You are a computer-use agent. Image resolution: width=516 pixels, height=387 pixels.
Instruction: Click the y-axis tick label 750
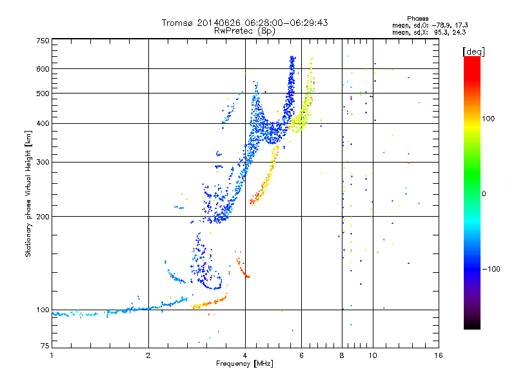43,41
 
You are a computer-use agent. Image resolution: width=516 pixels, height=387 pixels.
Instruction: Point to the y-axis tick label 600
43,69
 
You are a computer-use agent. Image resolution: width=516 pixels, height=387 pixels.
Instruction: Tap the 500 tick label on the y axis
43,94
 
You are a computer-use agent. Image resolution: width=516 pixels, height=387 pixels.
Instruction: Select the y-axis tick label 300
43,162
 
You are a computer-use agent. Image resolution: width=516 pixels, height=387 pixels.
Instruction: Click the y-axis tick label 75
45,346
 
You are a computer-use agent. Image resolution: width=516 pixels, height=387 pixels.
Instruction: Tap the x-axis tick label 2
148,355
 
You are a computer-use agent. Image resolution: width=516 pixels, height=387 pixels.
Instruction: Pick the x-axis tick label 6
301,355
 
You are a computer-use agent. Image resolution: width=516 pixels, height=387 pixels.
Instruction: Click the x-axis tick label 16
439,355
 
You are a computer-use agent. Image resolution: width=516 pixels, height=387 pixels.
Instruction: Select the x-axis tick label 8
342,355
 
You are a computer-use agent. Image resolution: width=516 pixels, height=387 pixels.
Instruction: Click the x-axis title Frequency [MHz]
244,364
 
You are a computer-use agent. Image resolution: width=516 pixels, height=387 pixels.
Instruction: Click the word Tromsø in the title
177,23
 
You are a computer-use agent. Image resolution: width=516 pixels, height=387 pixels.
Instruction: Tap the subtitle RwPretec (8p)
244,31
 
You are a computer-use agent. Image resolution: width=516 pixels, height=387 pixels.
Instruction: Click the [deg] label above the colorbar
473,52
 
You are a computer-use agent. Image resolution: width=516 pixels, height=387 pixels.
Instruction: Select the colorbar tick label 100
488,119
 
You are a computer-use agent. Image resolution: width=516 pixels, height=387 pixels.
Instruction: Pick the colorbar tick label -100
491,269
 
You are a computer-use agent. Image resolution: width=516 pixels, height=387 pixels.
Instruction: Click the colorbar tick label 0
484,194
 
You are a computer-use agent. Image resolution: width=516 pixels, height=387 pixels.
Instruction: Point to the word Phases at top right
418,19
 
